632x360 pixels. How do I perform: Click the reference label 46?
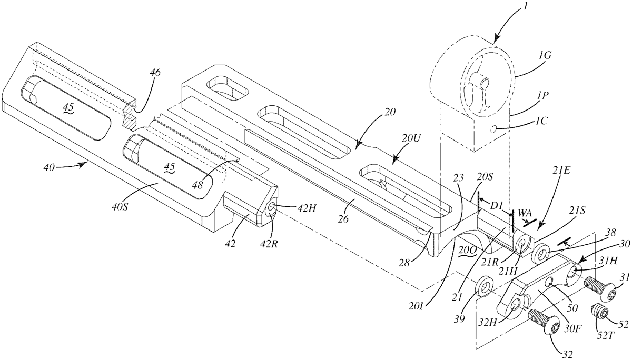[x=155, y=73]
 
